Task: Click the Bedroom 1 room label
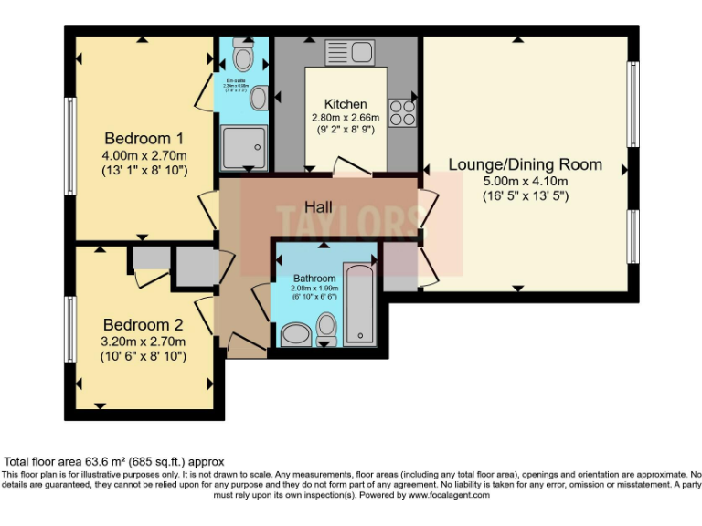pos(144,139)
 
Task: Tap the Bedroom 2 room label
pos(144,324)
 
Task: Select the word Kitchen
pos(346,104)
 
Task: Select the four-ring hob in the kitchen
pos(402,111)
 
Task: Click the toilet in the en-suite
pos(243,57)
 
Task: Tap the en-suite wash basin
pos(260,98)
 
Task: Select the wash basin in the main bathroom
pos(294,334)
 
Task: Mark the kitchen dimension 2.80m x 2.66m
pos(346,118)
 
